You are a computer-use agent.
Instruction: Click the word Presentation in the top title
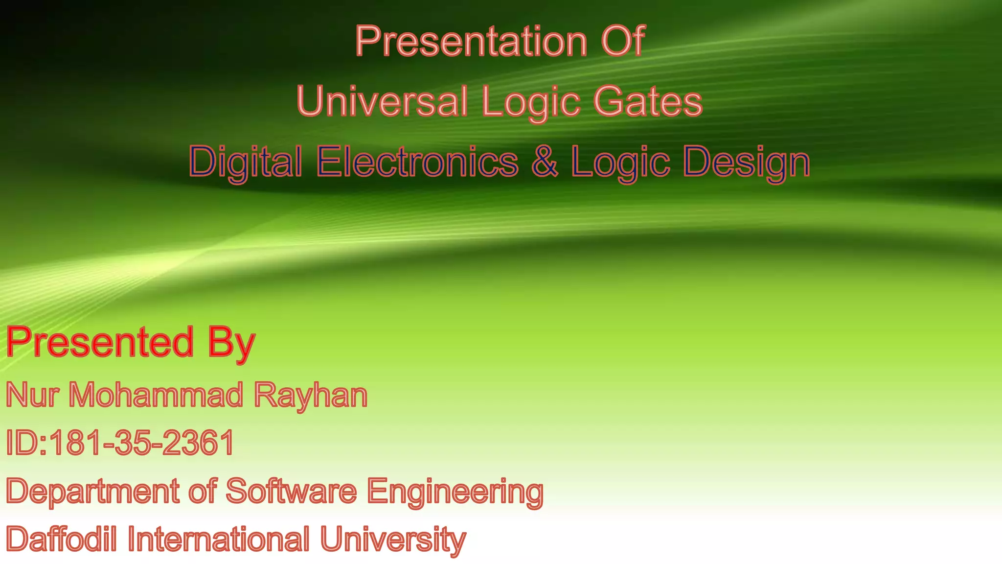[x=471, y=41]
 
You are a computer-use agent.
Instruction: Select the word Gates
[x=648, y=101]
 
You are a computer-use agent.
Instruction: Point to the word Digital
[x=246, y=162]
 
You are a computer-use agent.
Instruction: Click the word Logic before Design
[x=620, y=163]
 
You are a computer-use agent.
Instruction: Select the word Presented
[x=100, y=342]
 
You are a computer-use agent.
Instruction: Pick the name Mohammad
[x=156, y=395]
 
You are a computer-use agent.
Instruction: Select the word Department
[x=92, y=492]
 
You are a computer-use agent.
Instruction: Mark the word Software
[x=291, y=491]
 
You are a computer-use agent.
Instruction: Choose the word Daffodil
[x=62, y=539]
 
